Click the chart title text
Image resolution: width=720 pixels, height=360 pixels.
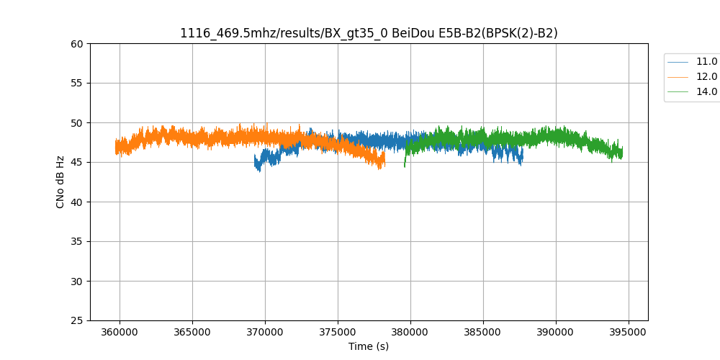(369, 33)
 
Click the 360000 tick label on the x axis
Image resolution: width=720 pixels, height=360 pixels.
(120, 333)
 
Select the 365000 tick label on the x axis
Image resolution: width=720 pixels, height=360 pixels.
(192, 333)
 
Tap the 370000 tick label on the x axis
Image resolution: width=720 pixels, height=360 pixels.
(265, 333)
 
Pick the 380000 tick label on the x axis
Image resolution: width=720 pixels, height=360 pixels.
(410, 333)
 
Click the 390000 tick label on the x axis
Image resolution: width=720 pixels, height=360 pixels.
(556, 333)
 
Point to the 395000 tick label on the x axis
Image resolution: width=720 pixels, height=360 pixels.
(629, 333)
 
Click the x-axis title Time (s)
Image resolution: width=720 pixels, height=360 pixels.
(369, 346)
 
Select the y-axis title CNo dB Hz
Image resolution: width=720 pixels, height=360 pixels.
(60, 182)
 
